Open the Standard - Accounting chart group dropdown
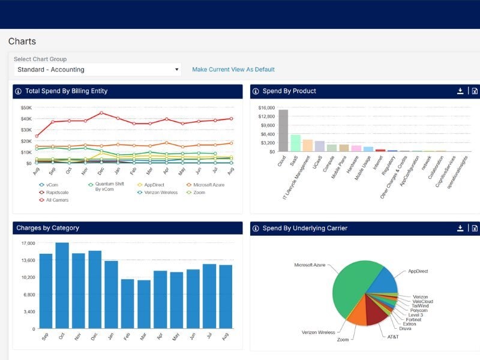click(x=97, y=70)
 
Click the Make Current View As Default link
click(x=233, y=70)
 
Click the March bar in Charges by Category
click(x=144, y=304)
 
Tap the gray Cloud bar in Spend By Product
click(x=283, y=130)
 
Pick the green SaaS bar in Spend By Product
click(x=295, y=143)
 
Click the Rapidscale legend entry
click(x=55, y=193)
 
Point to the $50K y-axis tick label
click(x=26, y=108)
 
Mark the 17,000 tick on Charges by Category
click(x=28, y=243)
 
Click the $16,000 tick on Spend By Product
click(x=266, y=108)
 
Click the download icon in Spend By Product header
click(x=460, y=91)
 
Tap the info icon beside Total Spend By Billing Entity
click(x=19, y=91)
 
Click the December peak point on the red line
click(x=101, y=113)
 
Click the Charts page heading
click(x=22, y=41)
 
